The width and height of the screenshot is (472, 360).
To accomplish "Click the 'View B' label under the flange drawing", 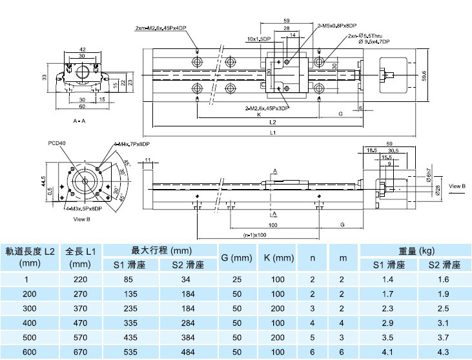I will click(x=82, y=219).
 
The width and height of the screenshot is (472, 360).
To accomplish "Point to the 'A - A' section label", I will click(x=80, y=121).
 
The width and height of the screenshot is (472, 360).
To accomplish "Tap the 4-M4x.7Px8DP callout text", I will click(x=132, y=144).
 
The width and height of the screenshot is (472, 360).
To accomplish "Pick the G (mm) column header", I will click(x=236, y=257).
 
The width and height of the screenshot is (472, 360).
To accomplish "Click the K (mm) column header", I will click(x=279, y=257).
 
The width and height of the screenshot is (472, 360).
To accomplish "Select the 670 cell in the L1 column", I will click(x=81, y=352).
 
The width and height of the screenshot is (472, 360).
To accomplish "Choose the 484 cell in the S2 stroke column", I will click(x=186, y=352).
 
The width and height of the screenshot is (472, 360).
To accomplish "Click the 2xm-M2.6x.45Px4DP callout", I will click(x=161, y=28).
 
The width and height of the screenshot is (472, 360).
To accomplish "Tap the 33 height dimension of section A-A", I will click(x=44, y=77).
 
